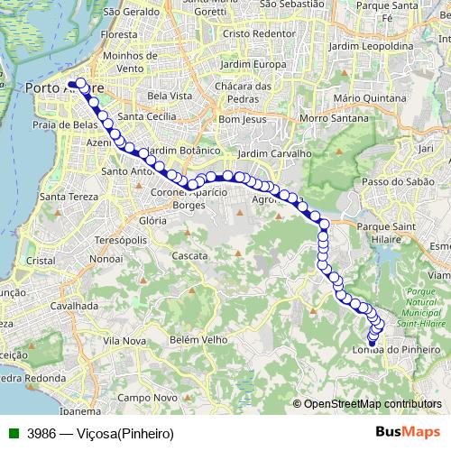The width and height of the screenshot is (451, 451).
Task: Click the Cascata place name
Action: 189,256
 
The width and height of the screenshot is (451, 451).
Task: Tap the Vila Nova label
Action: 124,341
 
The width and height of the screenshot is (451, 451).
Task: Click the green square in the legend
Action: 10,433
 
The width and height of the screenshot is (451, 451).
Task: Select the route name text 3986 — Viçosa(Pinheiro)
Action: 100,433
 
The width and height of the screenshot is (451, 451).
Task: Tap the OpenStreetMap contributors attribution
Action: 372,403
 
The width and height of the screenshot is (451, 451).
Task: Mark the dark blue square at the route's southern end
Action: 372,343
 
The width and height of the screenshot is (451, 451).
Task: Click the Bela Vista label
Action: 170,95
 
